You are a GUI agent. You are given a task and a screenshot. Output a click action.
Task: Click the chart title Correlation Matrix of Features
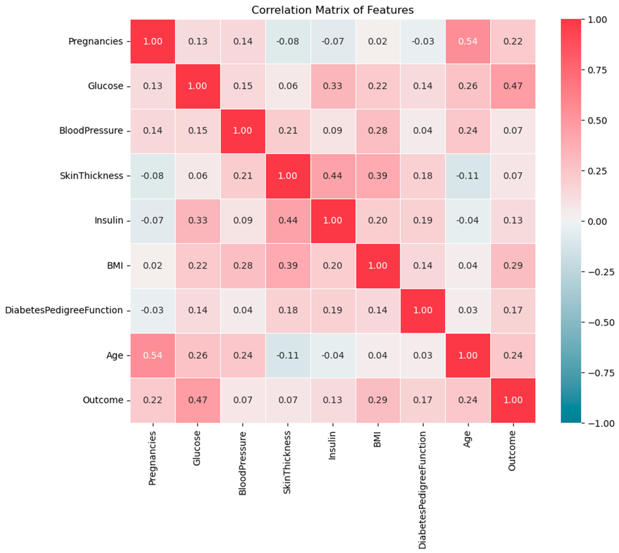(332, 10)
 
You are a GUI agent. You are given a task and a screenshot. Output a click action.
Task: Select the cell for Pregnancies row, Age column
(468, 41)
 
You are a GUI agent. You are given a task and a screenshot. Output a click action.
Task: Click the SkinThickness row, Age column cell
(468, 176)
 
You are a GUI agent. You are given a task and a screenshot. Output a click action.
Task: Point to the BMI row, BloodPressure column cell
(243, 266)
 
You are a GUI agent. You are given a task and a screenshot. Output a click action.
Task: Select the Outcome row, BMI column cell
(378, 400)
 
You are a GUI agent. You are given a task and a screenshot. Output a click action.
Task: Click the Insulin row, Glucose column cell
(198, 220)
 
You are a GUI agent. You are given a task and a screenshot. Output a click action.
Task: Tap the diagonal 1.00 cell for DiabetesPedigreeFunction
(422, 310)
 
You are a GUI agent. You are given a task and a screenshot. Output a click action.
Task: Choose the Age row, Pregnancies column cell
(153, 355)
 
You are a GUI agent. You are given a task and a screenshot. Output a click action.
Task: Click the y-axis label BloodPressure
(91, 131)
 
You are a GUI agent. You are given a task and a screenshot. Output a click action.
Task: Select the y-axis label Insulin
(109, 220)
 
